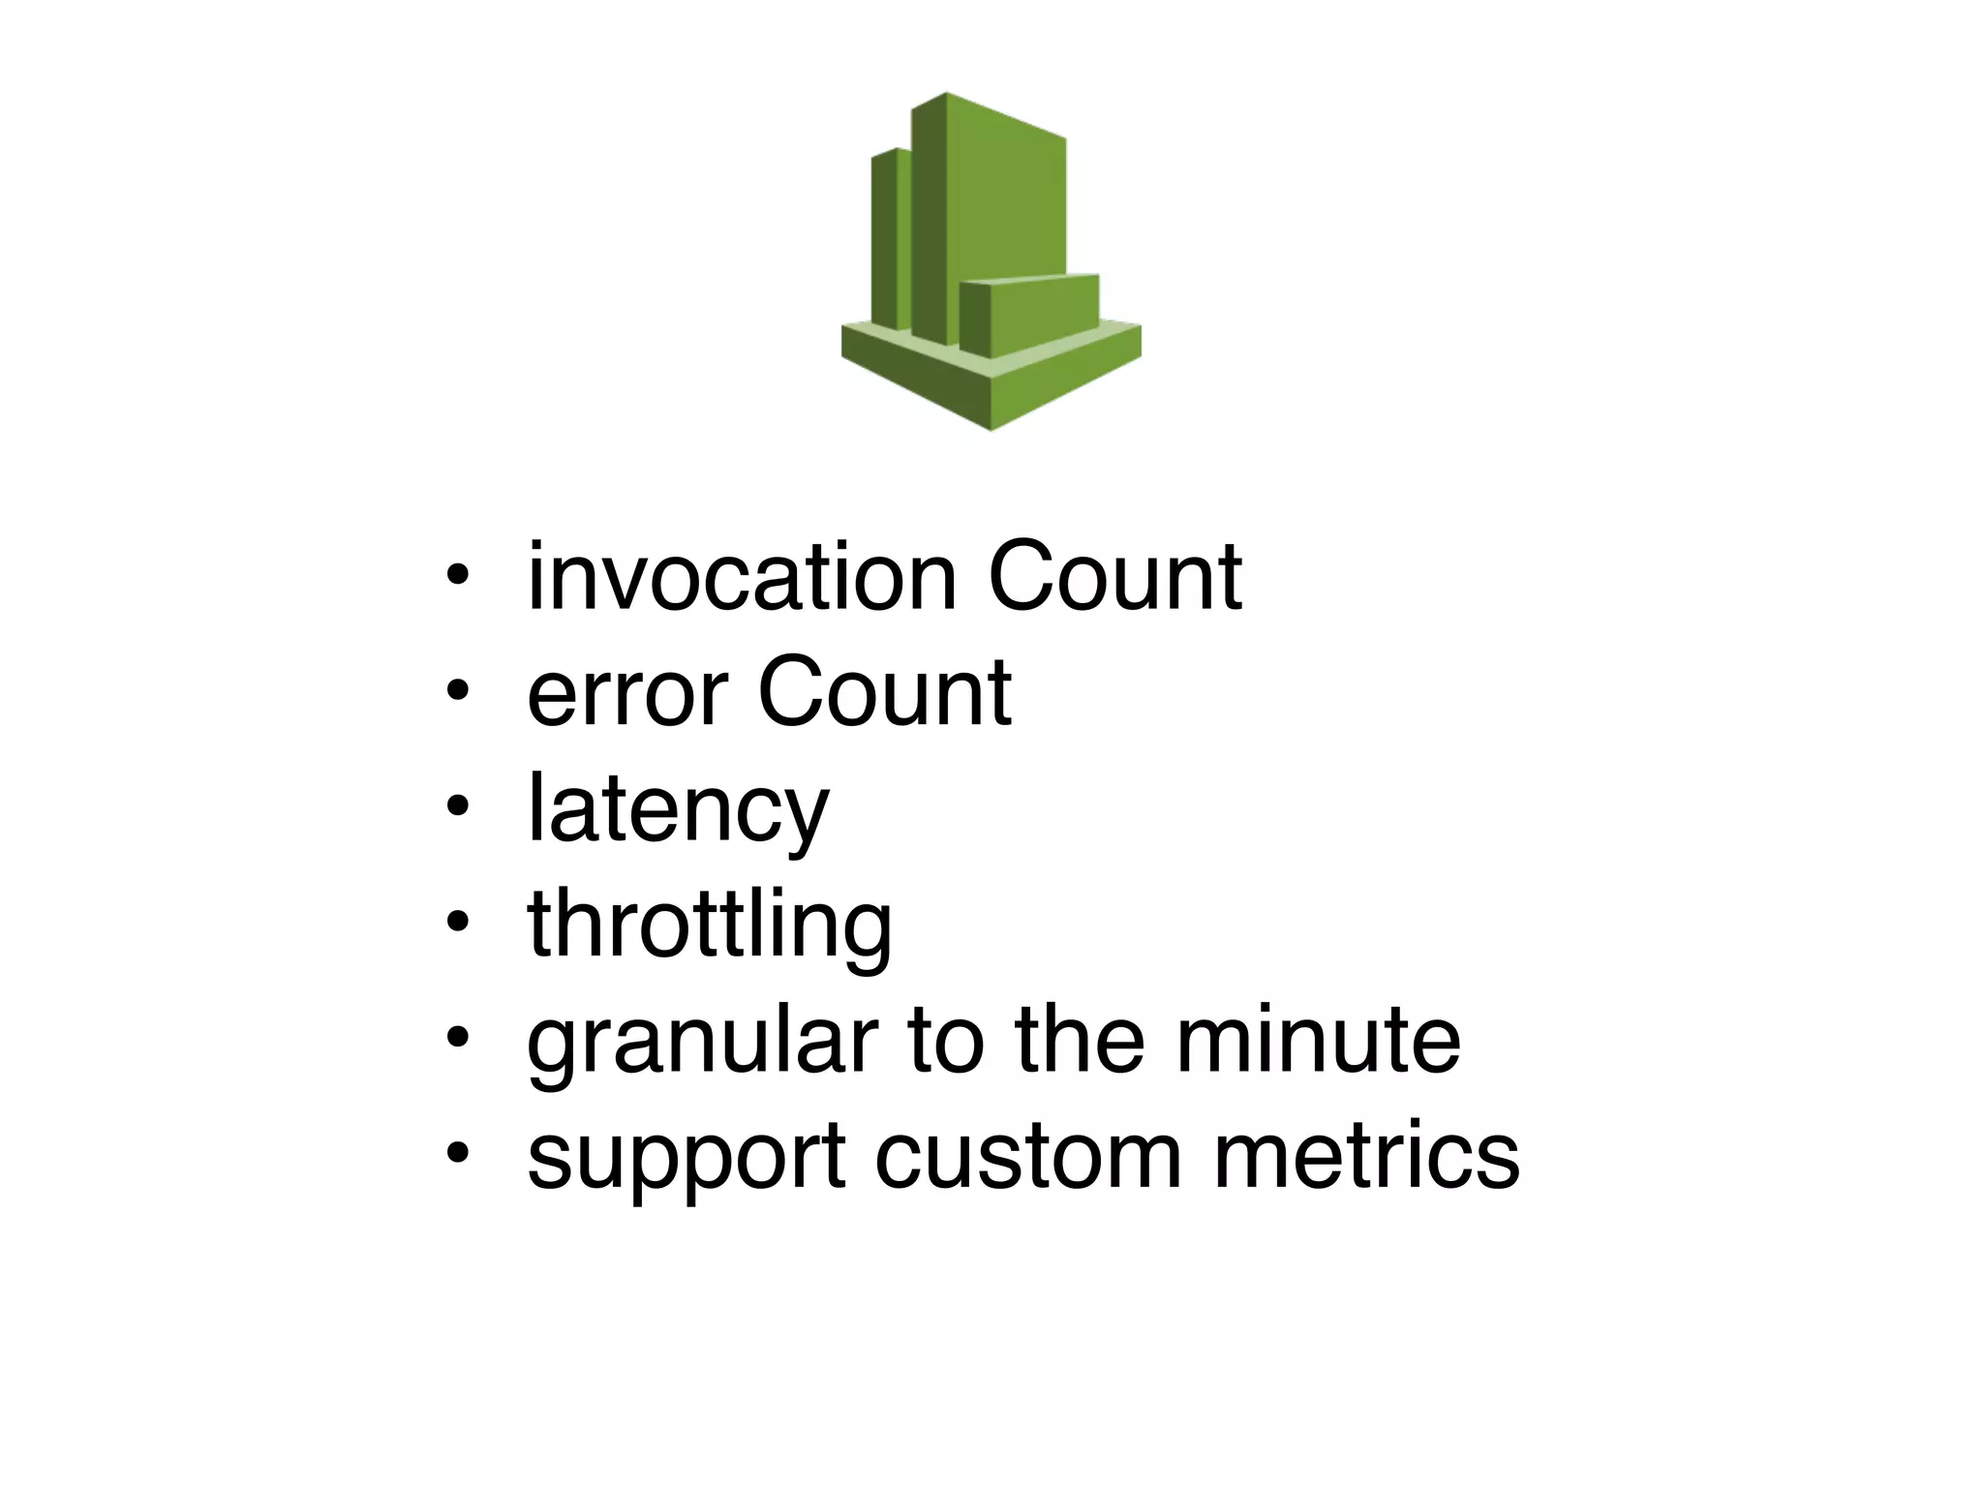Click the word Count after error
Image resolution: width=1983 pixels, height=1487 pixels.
pos(884,693)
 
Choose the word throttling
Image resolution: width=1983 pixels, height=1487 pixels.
pos(709,927)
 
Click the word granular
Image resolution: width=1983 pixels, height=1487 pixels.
pos(702,1044)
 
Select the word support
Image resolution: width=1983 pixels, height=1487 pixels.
pos(686,1158)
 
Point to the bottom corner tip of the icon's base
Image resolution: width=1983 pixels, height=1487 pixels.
pos(991,427)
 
